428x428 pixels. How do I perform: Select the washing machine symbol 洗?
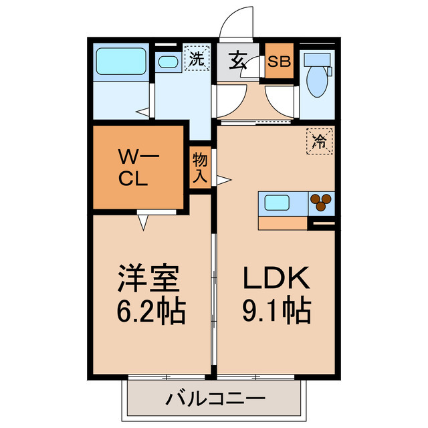(x=196, y=58)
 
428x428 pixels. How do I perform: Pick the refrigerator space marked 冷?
(x=319, y=141)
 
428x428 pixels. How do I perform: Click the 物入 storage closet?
(x=200, y=168)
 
